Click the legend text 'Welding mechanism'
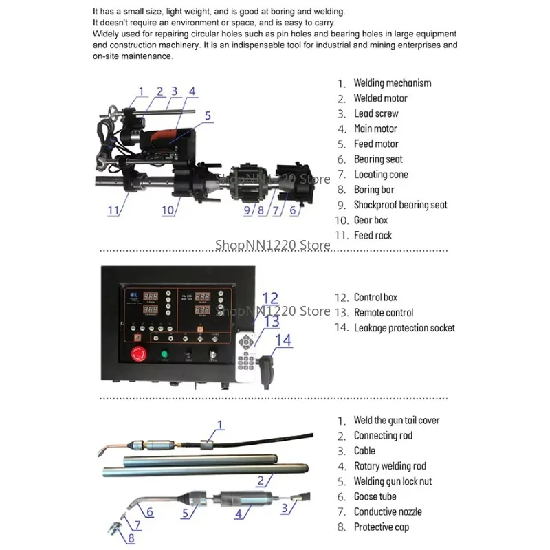point(392,83)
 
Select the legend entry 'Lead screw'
point(376,113)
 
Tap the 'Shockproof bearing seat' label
point(400,205)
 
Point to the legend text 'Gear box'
point(371,220)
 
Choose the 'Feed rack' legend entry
point(373,235)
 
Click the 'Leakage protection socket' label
point(404,328)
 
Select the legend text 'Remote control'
point(383,313)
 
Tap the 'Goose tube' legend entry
point(375,496)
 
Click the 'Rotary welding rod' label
point(390,466)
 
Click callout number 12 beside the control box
point(270,298)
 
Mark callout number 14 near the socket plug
point(283,340)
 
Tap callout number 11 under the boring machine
point(114,210)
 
